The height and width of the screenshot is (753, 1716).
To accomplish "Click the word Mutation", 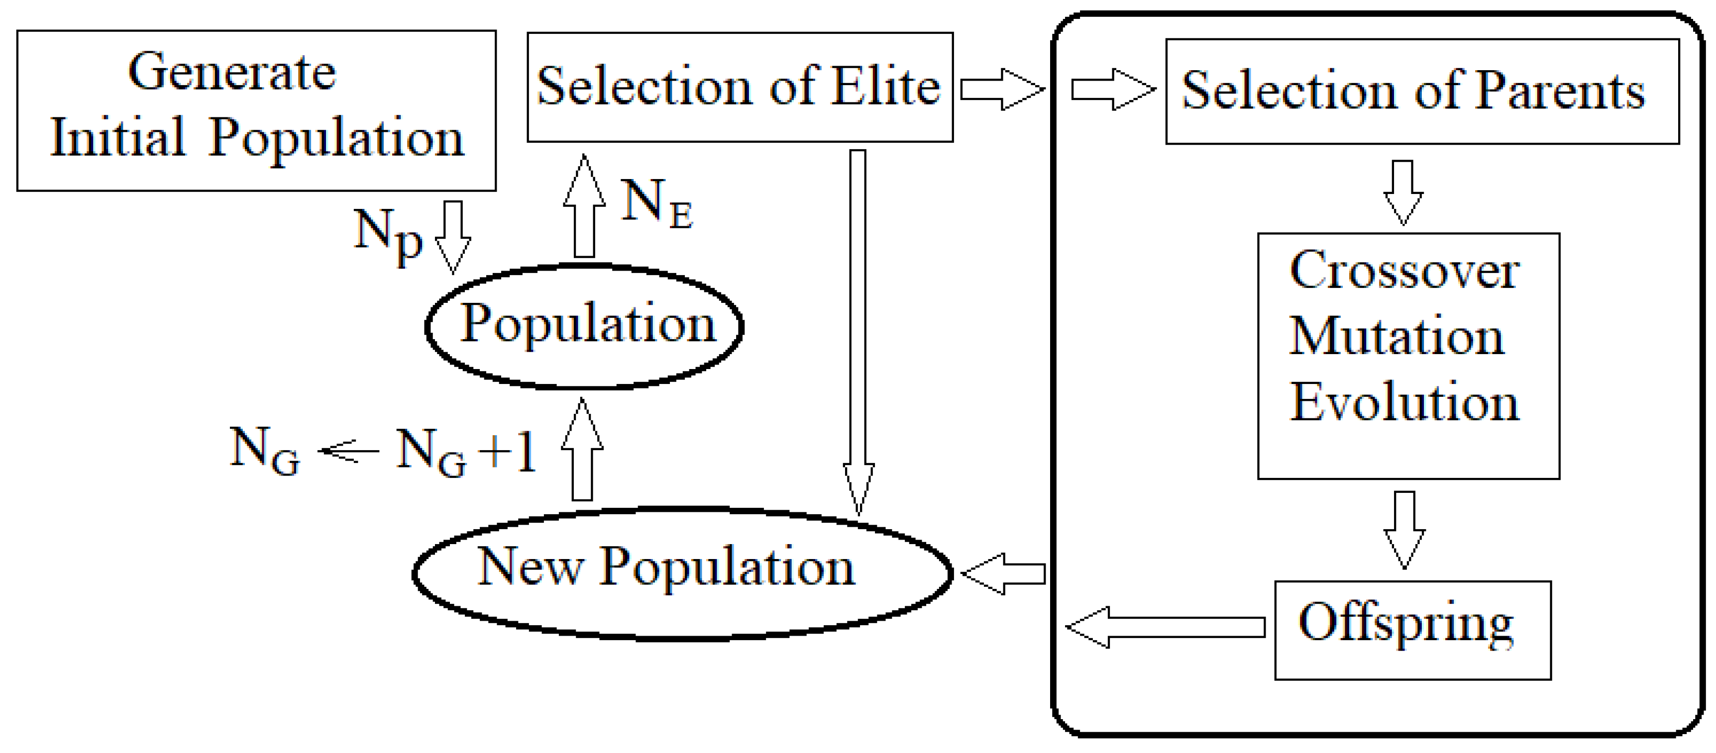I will coord(1396,336).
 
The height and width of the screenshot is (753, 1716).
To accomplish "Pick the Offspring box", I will coord(1412,629).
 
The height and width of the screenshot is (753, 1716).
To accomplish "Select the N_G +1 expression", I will coord(466,452).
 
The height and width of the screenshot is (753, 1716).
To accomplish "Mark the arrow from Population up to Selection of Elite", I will coord(584,206).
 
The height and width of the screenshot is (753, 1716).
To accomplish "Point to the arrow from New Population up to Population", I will coord(582,450).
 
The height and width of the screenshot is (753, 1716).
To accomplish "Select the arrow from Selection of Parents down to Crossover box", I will coord(1403,192).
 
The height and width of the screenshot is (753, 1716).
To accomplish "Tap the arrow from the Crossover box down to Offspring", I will coord(1404,529).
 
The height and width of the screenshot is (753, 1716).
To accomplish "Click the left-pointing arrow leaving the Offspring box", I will coord(1166,627).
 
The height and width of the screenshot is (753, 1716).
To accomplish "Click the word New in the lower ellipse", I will coord(530,567).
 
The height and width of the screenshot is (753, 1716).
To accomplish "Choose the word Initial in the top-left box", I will coord(118,137).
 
